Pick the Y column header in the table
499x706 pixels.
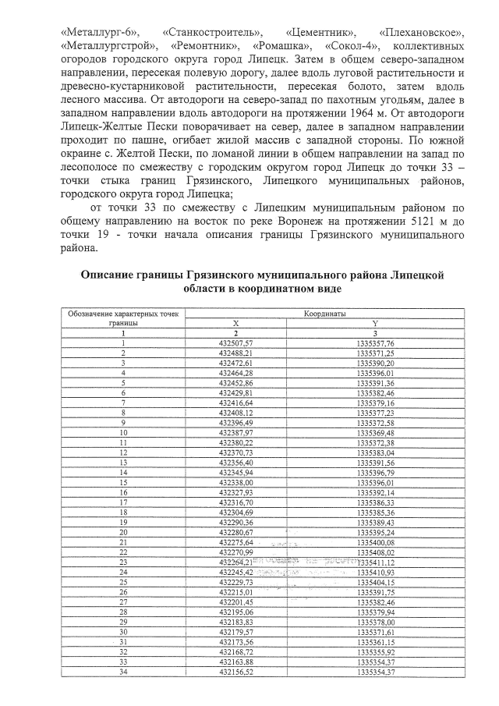coord(375,323)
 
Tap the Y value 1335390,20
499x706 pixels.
coord(375,364)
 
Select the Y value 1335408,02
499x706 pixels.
coord(375,552)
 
